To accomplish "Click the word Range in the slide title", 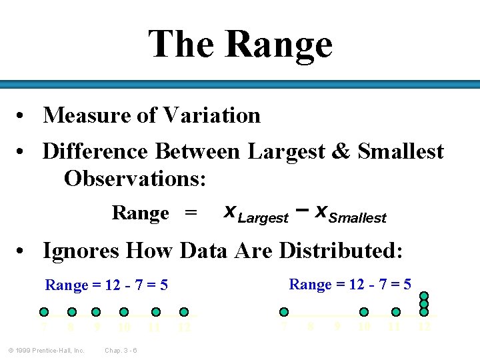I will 279,45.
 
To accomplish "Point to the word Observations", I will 135,179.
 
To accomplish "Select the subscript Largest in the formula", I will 263,217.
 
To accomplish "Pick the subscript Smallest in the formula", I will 358,217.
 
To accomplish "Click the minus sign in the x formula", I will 301,211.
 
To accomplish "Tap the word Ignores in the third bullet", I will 81,251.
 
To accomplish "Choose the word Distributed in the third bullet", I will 340,251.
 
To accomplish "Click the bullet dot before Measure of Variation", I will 22,116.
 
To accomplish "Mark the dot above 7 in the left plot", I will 44,311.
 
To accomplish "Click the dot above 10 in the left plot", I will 123,311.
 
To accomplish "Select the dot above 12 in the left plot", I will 185,311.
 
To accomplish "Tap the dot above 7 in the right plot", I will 284,311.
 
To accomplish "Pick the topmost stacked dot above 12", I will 424,296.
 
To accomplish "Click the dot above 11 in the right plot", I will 395,311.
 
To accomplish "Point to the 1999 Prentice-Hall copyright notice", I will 47,351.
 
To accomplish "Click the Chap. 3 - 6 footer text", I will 121,351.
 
